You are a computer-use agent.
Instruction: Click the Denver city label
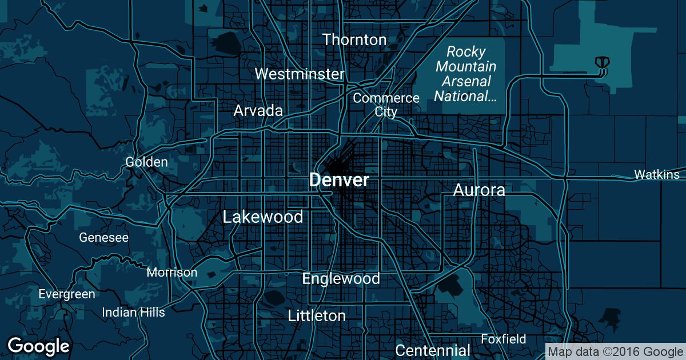pos(339,180)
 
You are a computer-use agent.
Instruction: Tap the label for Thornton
pos(354,39)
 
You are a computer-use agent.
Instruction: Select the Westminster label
pos(300,74)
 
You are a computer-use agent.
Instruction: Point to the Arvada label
pos(258,111)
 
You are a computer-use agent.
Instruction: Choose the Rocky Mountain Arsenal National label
pos(465,74)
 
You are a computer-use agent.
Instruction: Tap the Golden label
pos(147,162)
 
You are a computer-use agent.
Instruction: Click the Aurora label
pos(479,190)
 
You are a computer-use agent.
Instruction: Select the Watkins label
pos(657,174)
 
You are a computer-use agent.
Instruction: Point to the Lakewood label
pos(263,217)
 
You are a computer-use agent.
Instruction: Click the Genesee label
pos(104,237)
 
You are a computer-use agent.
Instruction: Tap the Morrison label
pos(172,272)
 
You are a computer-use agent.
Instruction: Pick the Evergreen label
pos(67,294)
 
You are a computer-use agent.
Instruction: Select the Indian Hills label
pos(133,312)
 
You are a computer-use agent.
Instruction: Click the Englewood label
pos(341,278)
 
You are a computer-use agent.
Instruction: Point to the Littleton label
pos(317,315)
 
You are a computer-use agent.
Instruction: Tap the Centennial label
pos(433,350)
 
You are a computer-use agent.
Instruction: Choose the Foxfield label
pos(504,339)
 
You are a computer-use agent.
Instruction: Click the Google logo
pos(38,346)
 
